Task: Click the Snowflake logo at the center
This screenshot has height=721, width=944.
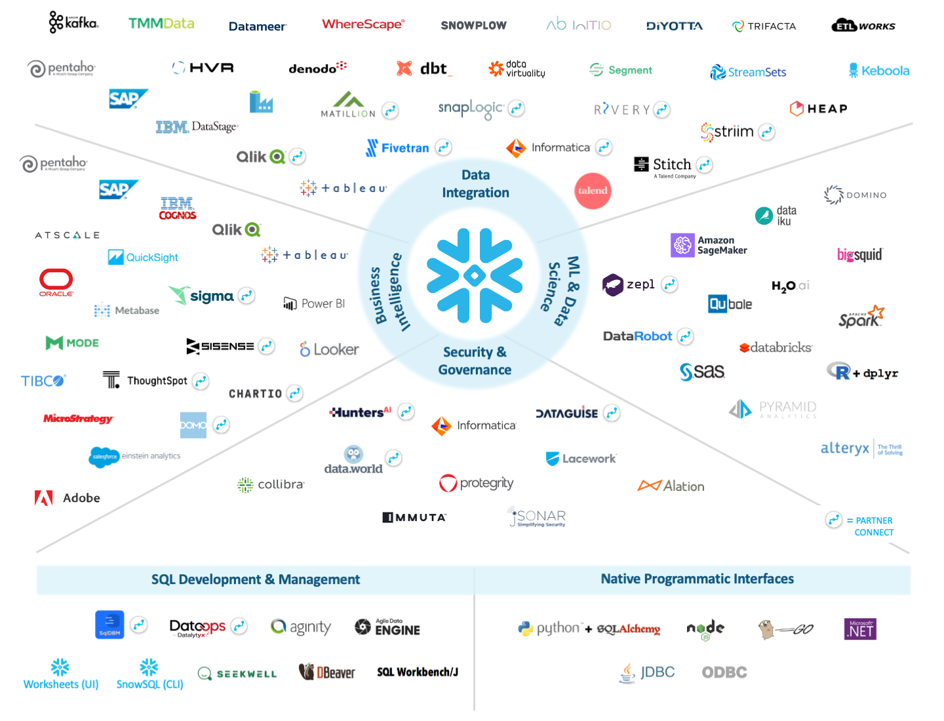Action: tap(475, 275)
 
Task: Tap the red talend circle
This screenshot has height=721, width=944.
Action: tap(593, 191)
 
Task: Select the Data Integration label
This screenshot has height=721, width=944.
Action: tap(475, 184)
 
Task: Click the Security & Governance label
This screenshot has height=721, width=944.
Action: tap(475, 360)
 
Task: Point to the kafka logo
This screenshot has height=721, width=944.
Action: tap(73, 22)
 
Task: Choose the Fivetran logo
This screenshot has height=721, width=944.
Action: tap(398, 148)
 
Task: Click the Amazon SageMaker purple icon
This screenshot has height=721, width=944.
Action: tap(682, 245)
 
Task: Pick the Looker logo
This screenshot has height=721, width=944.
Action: tap(329, 349)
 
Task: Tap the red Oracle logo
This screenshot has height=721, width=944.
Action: tap(56, 282)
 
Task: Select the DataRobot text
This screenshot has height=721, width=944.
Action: tap(637, 336)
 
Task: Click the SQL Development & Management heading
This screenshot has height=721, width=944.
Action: tap(256, 579)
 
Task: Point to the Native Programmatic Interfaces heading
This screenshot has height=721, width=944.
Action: tap(697, 579)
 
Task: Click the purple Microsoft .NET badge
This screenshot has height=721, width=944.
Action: tap(860, 629)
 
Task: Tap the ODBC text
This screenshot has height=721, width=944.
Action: tap(724, 672)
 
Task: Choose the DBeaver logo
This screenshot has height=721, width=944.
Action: tap(327, 672)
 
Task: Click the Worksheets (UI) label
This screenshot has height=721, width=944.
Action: tap(61, 684)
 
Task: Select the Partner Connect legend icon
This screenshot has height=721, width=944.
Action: tap(833, 520)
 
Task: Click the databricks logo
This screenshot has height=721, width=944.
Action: tap(776, 347)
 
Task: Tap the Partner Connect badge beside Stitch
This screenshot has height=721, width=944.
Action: tap(704, 165)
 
